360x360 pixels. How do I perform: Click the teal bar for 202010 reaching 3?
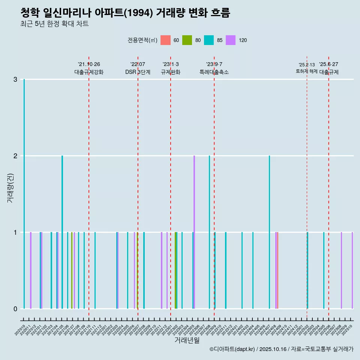coord(24,194)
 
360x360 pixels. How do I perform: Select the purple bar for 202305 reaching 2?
coord(194,232)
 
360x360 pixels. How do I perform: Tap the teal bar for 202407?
coord(269,232)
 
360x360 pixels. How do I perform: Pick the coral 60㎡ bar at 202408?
coord(277,270)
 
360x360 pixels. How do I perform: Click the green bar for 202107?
coord(72,270)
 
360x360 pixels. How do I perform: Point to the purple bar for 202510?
coord(352,270)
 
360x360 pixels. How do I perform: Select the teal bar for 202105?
coord(62,232)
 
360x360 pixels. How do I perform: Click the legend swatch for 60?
coord(165,40)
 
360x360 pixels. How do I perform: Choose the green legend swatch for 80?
coord(187,40)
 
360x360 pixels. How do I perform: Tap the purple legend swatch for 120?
coord(231,40)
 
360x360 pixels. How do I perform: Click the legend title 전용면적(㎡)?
coord(142,40)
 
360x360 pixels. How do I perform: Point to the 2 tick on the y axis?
coord(15,156)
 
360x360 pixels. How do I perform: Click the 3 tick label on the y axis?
coord(15,79)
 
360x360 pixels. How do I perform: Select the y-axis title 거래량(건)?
coord(10,188)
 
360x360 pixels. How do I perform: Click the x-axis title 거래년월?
coord(187,340)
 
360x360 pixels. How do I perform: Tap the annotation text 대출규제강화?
coord(89,72)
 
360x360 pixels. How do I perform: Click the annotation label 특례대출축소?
coord(214,72)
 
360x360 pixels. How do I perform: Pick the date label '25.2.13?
coord(307,65)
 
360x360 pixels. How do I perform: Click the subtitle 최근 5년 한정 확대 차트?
coord(54,24)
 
